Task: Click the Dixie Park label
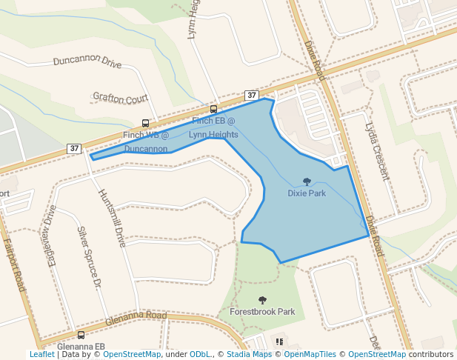pyautogui.click(x=307, y=193)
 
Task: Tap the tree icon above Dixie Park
pyautogui.click(x=307, y=181)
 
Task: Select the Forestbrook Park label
pyautogui.click(x=262, y=312)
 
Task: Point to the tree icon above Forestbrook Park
pyautogui.click(x=262, y=300)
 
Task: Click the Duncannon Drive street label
pyautogui.click(x=87, y=61)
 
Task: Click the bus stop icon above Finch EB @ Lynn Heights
pyautogui.click(x=213, y=110)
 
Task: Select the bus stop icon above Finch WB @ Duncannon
pyautogui.click(x=145, y=124)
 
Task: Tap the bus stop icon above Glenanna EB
pyautogui.click(x=81, y=335)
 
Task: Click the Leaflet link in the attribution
pyautogui.click(x=41, y=354)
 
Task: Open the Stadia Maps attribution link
pyautogui.click(x=249, y=354)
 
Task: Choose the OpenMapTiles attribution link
pyautogui.click(x=310, y=354)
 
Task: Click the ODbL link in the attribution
pyautogui.click(x=200, y=354)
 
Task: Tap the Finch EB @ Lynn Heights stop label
pyautogui.click(x=213, y=127)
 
